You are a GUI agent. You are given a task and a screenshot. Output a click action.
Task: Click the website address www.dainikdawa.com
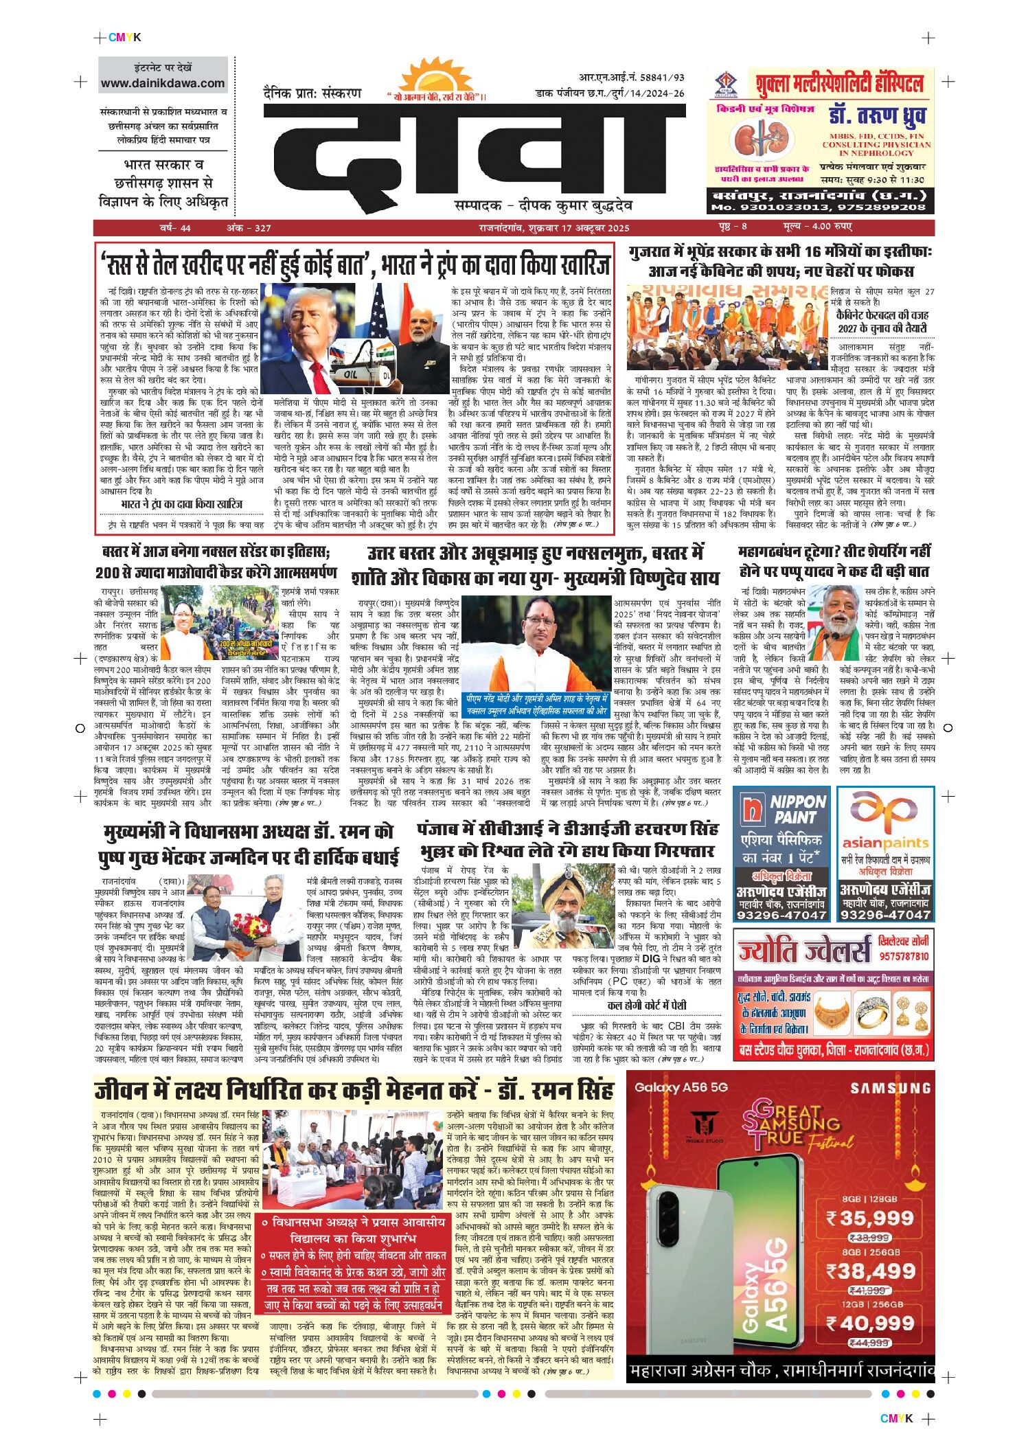click(163, 83)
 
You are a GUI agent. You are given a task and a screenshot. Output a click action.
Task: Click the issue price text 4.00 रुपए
click(832, 227)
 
